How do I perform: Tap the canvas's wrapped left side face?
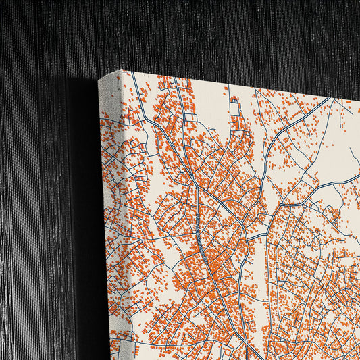pyautogui.click(x=109, y=223)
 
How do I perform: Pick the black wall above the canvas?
pyautogui.click(x=203, y=34)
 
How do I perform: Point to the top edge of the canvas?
pyautogui.click(x=236, y=84)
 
